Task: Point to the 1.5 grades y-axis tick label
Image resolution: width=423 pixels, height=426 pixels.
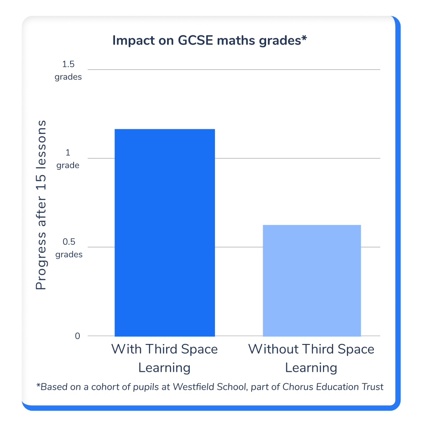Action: click(x=68, y=71)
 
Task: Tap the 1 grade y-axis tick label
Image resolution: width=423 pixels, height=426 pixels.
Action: click(x=68, y=159)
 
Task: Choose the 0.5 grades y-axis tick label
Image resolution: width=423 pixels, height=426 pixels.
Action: click(x=68, y=248)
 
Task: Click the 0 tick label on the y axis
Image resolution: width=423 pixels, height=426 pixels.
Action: click(x=78, y=336)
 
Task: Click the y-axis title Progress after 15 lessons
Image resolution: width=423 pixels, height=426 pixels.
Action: click(x=41, y=205)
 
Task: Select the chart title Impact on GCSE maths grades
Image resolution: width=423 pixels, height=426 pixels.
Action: click(x=209, y=41)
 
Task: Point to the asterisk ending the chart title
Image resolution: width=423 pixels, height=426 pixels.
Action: click(x=304, y=39)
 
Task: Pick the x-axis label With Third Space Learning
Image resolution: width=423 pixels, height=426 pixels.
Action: click(x=164, y=358)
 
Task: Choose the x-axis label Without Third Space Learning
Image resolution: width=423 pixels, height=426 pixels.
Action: click(x=311, y=358)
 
